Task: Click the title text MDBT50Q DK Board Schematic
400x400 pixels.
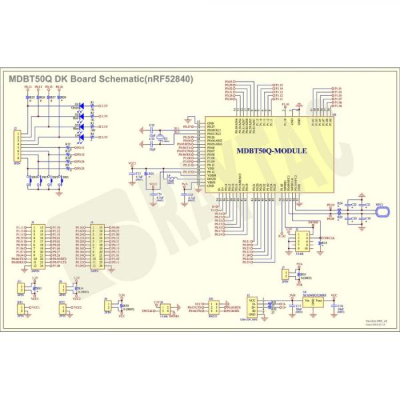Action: (x=100, y=79)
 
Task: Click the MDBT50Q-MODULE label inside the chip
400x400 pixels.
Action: (x=271, y=151)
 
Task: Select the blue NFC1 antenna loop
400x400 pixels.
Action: (x=385, y=211)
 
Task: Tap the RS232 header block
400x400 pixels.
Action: (x=213, y=307)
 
